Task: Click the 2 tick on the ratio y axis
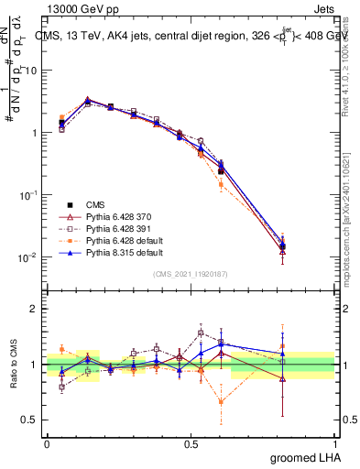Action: tap(33, 309)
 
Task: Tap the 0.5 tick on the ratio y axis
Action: tap(30, 420)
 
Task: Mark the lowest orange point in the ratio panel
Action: tap(221, 401)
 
